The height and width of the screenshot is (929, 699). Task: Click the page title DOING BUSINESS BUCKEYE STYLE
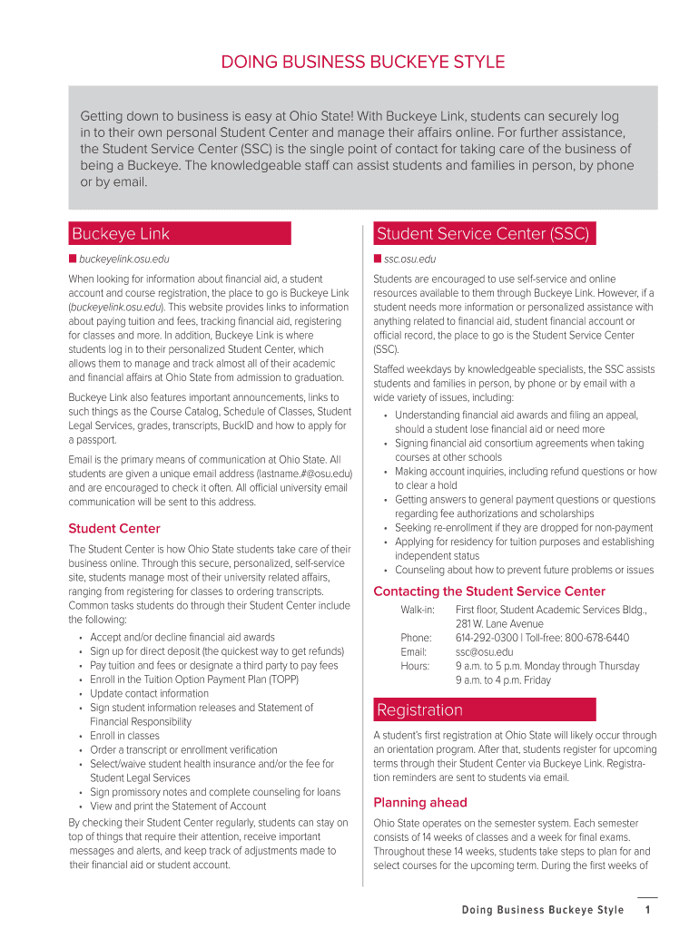point(363,63)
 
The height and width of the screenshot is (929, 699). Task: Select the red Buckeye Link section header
point(180,234)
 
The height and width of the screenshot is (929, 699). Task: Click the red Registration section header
point(485,709)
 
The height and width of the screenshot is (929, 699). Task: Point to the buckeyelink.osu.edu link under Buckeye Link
point(124,259)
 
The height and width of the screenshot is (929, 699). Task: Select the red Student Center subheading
point(114,528)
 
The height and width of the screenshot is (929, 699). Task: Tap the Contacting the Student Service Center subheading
point(489,592)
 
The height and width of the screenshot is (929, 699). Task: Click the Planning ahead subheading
point(420,802)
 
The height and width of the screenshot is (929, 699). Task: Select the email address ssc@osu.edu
point(484,651)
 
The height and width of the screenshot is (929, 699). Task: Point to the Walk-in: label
point(418,610)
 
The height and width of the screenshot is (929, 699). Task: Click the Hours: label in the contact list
point(415,666)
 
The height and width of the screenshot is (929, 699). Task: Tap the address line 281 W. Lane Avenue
point(500,624)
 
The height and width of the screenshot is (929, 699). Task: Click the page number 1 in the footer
point(647,910)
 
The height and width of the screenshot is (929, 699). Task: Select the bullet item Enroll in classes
point(124,736)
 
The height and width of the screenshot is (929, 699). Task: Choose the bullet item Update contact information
point(149,693)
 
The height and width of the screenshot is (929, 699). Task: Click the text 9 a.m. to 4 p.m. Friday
point(503,680)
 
